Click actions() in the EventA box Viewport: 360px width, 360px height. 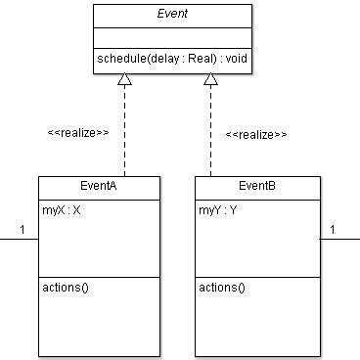click(x=63, y=288)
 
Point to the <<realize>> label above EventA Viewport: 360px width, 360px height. click(x=78, y=131)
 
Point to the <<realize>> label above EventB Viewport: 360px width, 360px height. click(x=256, y=134)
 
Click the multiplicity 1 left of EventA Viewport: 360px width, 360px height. click(x=22, y=230)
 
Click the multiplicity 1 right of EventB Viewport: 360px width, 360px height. click(x=335, y=230)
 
